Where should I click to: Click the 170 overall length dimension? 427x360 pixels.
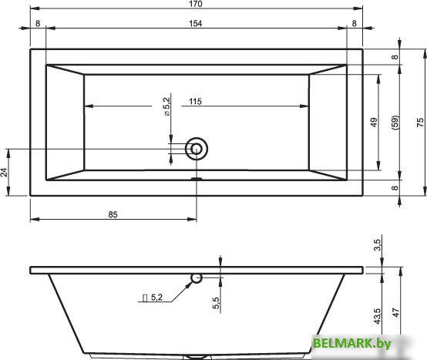tap(196, 4)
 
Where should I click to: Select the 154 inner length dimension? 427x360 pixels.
tap(196, 24)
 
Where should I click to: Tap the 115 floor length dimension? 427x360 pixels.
tap(196, 102)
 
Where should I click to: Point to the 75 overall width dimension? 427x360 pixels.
tap(420, 123)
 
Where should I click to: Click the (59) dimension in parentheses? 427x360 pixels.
tap(395, 123)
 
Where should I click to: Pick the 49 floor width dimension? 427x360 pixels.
tap(374, 123)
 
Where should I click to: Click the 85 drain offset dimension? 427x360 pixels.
tap(113, 214)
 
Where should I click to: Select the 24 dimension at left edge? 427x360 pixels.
tap(5, 173)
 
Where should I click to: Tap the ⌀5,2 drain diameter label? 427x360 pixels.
tap(167, 106)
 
